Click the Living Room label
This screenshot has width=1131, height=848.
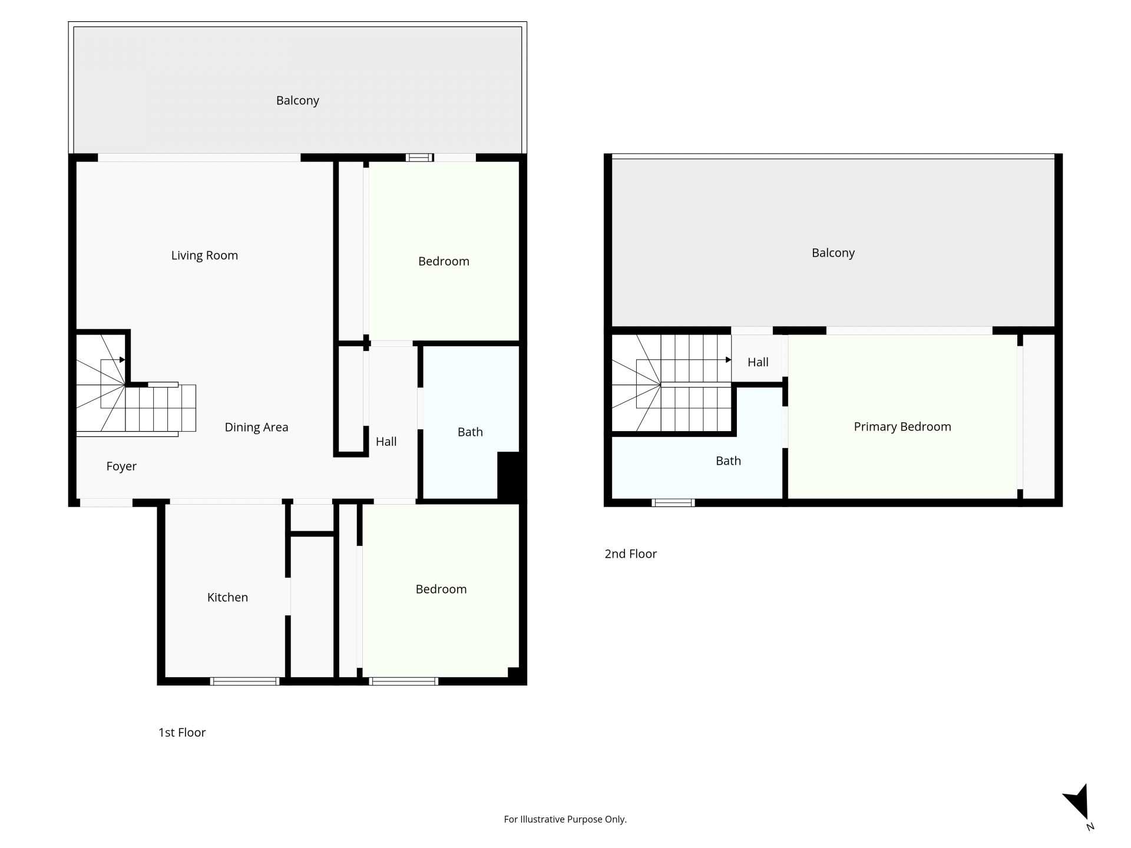(204, 256)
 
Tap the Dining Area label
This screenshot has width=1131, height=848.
(256, 428)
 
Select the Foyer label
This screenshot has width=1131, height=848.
(121, 466)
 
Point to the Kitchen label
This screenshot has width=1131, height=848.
(227, 597)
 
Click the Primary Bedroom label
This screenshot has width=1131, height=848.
(902, 427)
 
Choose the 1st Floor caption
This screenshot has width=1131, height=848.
(182, 733)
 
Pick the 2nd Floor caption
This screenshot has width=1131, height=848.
(630, 554)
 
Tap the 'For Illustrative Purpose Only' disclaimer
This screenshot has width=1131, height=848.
(565, 819)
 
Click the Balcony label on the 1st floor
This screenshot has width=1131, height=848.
(297, 101)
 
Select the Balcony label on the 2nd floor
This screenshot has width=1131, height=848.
(833, 253)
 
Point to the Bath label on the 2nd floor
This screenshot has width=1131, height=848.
(728, 461)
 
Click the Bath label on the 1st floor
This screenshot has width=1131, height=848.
(470, 432)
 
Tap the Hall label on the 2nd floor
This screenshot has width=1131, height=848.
(758, 362)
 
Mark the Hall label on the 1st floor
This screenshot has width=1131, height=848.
(386, 442)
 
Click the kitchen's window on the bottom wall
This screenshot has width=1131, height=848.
(244, 681)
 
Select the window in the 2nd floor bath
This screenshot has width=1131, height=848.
(673, 503)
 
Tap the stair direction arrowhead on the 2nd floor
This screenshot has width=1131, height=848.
(729, 360)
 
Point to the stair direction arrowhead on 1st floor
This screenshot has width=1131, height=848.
(122, 360)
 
